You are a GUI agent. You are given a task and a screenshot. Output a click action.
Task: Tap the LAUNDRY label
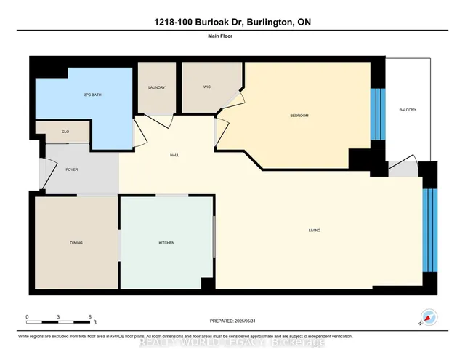click(x=156, y=88)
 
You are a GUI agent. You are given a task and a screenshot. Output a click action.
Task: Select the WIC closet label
click(x=206, y=88)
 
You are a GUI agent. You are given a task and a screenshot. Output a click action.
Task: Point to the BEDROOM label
click(x=300, y=116)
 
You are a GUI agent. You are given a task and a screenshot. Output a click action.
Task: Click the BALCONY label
click(x=408, y=110)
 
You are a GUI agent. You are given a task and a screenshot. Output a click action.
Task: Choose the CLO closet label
click(x=65, y=132)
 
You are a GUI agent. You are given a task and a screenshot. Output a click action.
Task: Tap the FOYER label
click(x=72, y=169)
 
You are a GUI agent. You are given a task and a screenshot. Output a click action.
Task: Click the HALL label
click(x=174, y=155)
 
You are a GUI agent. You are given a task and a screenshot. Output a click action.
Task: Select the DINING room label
click(x=76, y=243)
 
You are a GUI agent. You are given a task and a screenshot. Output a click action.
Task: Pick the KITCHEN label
click(x=166, y=243)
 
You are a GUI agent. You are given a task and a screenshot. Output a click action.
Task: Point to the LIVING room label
click(x=314, y=231)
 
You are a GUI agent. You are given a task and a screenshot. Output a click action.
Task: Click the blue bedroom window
click(x=376, y=113)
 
